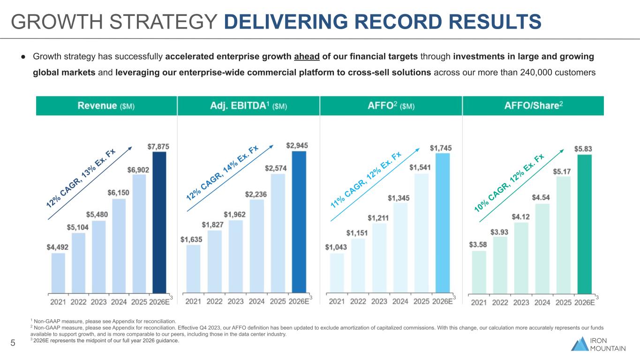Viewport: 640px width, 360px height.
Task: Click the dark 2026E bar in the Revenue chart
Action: point(159,222)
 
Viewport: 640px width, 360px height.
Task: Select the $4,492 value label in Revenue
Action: point(57,247)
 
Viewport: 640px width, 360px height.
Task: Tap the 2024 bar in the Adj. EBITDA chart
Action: point(256,246)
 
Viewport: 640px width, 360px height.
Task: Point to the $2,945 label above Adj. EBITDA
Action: point(297,146)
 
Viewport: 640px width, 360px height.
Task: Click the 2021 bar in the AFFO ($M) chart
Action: point(337,273)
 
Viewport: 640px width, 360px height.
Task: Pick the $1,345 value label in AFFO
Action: point(399,198)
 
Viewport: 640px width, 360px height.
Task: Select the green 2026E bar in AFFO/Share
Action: point(585,224)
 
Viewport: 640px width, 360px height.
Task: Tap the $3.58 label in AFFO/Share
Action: point(478,245)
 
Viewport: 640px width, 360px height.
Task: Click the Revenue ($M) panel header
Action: point(106,106)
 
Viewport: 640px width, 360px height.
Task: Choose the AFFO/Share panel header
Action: point(533,106)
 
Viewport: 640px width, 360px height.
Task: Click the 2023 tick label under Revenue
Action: point(98,302)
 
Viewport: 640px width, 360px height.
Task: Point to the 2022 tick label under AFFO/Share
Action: point(500,302)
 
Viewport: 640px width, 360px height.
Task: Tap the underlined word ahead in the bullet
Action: point(307,57)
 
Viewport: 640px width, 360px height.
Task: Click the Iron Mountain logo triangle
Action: point(580,344)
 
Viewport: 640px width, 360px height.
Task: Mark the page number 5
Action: point(13,343)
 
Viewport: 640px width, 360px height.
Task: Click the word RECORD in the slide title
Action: point(398,22)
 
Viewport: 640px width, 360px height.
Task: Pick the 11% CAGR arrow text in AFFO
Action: point(366,180)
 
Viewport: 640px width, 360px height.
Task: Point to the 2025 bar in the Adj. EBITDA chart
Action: point(278,233)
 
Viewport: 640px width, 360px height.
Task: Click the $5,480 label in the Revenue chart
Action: point(97,215)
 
